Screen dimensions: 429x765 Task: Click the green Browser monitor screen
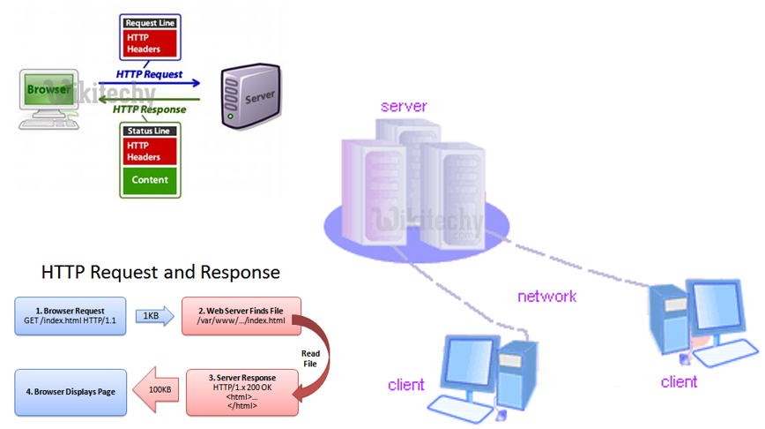pos(49,91)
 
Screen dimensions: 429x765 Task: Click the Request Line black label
pos(149,22)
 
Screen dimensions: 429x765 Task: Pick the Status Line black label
pos(149,131)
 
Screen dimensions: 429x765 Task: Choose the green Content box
pos(149,180)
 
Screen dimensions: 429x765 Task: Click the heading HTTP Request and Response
pos(160,272)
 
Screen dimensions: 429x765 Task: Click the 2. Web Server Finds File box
pos(240,316)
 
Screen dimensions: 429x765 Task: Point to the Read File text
pos(310,357)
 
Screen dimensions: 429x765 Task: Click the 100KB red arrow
pos(155,388)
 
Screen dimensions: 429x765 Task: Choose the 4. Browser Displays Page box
pos(71,389)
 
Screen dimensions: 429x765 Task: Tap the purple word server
pos(404,106)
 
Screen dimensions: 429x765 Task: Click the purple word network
pos(546,297)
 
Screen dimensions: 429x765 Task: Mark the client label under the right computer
pos(679,382)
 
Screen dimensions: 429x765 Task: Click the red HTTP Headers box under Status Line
pos(149,151)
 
